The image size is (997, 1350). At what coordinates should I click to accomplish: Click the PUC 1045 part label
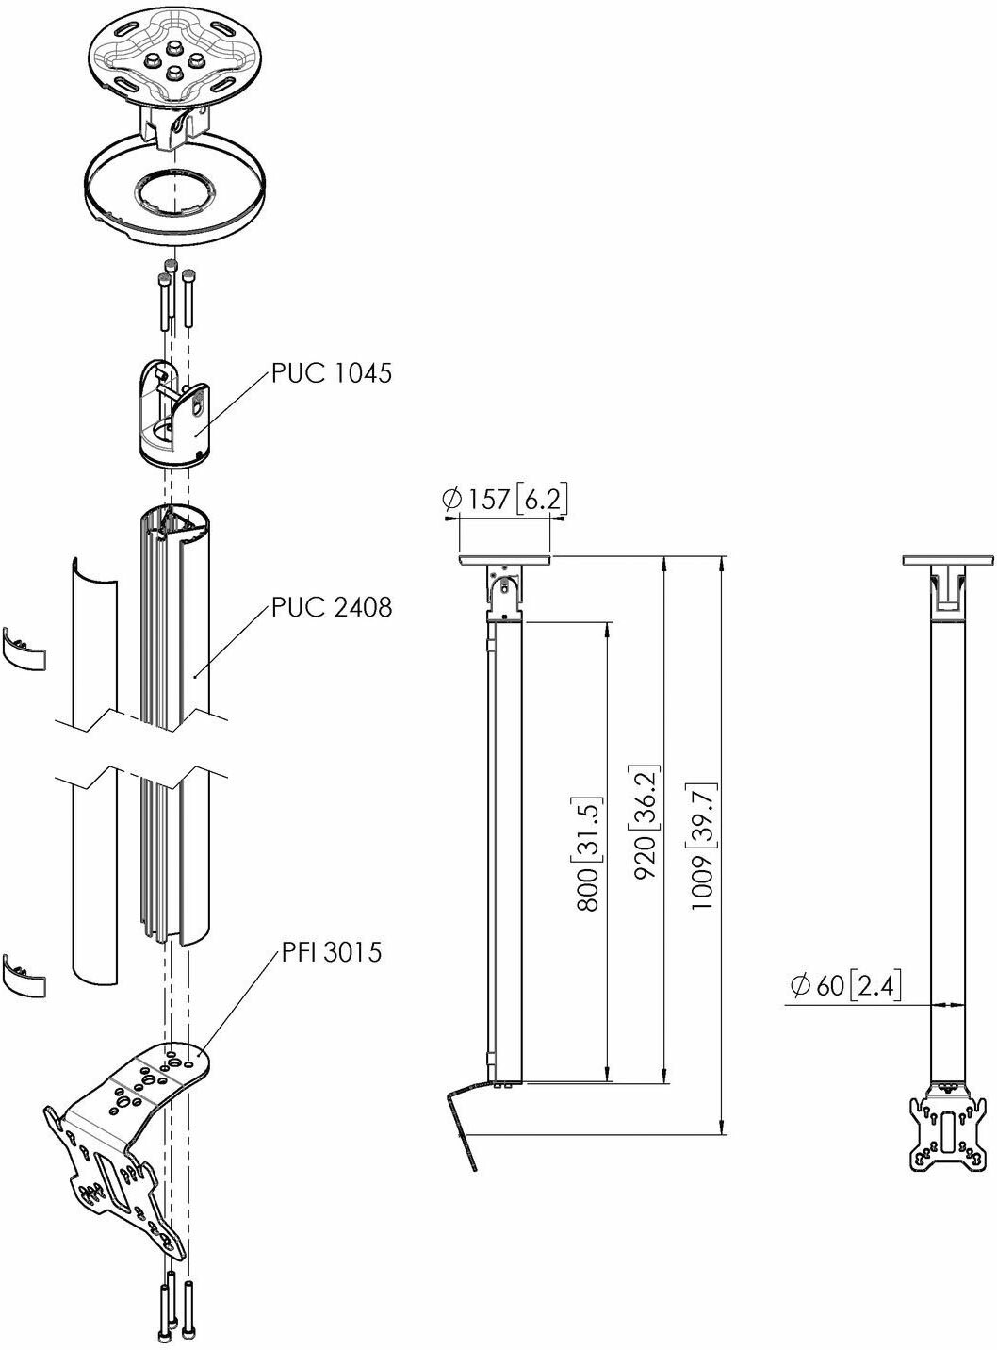click(331, 372)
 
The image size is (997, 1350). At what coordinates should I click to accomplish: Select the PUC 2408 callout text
click(332, 607)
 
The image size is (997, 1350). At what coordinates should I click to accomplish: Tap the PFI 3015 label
click(332, 951)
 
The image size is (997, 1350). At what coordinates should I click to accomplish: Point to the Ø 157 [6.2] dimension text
click(504, 499)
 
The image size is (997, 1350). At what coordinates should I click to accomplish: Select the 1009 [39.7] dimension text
click(704, 846)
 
